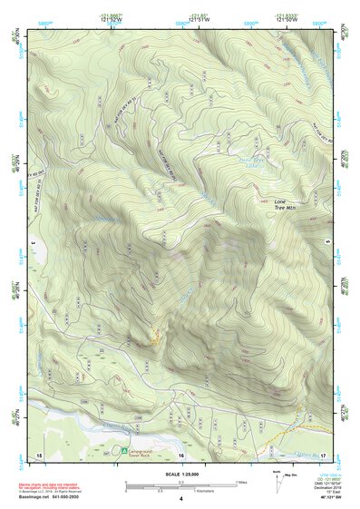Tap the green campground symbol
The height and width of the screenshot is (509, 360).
coord(125,449)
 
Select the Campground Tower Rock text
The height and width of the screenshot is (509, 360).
coord(147,451)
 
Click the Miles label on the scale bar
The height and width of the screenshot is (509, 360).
coord(241,482)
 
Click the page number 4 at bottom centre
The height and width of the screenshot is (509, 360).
coord(181,499)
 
